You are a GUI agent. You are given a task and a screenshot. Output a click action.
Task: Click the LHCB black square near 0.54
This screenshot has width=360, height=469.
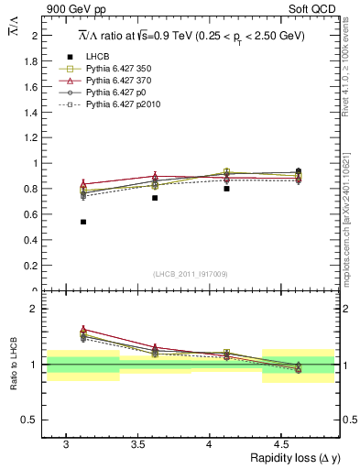coord(83,222)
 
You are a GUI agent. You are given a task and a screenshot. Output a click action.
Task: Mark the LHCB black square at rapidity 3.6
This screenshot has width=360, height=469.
coord(155,198)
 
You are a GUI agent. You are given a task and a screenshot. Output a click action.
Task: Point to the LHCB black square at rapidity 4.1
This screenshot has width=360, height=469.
coord(226,189)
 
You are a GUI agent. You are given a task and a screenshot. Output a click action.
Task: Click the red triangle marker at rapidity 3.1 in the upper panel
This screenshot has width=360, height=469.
coord(83,184)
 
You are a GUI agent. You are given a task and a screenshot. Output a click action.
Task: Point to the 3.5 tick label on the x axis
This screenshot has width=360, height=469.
coord(137,443)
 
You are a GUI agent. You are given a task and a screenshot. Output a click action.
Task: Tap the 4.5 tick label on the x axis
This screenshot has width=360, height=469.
coord(281,443)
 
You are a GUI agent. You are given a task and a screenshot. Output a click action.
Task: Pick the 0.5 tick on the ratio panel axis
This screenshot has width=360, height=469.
coord(33,420)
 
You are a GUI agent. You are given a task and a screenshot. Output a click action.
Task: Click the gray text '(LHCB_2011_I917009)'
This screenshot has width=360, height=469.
coord(191,274)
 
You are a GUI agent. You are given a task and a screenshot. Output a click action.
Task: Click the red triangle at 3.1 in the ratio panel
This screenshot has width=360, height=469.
coord(83,329)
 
